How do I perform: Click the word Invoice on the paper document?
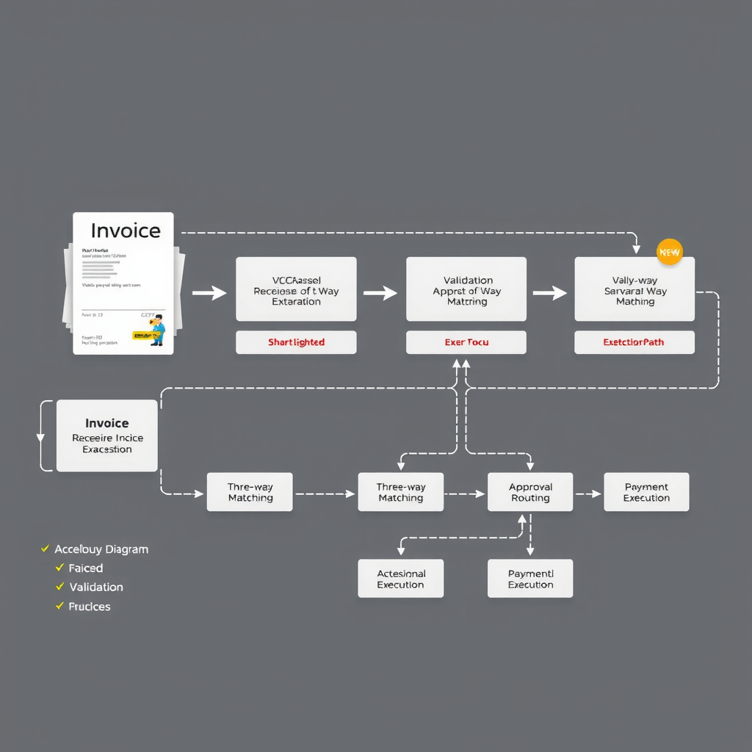[x=125, y=231]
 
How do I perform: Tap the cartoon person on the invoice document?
[x=156, y=330]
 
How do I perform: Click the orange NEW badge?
[x=669, y=252]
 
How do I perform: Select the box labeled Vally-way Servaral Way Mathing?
[x=634, y=289]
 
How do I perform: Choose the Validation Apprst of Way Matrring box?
[x=466, y=289]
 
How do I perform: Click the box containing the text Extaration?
[x=296, y=289]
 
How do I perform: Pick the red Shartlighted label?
[x=296, y=342]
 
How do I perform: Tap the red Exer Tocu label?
[x=466, y=342]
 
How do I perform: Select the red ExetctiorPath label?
[x=634, y=342]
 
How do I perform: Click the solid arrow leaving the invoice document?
[x=209, y=293]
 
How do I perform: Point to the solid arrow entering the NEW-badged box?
[x=549, y=293]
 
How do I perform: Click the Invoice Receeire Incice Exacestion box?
[x=107, y=435]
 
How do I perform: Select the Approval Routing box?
[x=530, y=492]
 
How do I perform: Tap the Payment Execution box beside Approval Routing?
[x=646, y=492]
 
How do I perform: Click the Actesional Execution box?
[x=400, y=579]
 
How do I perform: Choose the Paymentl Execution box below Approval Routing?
[x=530, y=579]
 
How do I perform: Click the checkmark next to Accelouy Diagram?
[x=46, y=549]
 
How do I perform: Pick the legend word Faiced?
[x=86, y=568]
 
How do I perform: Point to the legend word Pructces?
[x=90, y=606]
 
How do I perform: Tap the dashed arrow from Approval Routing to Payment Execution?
[x=588, y=493]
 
